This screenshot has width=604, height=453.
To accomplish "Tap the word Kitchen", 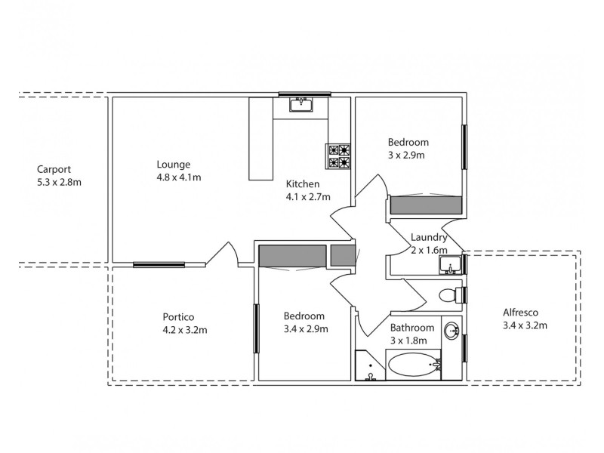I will point(303,183).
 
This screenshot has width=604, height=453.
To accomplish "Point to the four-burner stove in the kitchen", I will point(339,156).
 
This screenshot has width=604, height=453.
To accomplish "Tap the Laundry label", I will point(429,237).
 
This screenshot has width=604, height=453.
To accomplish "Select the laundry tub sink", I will point(451,264).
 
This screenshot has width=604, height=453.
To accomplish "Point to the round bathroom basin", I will point(451,330).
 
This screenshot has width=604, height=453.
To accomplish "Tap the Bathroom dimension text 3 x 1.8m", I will point(412,341).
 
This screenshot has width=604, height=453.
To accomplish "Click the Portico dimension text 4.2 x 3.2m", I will point(185,329).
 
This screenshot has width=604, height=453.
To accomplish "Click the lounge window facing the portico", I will point(159,264).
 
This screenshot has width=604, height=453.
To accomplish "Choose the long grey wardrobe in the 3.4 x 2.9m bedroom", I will point(292,256).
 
